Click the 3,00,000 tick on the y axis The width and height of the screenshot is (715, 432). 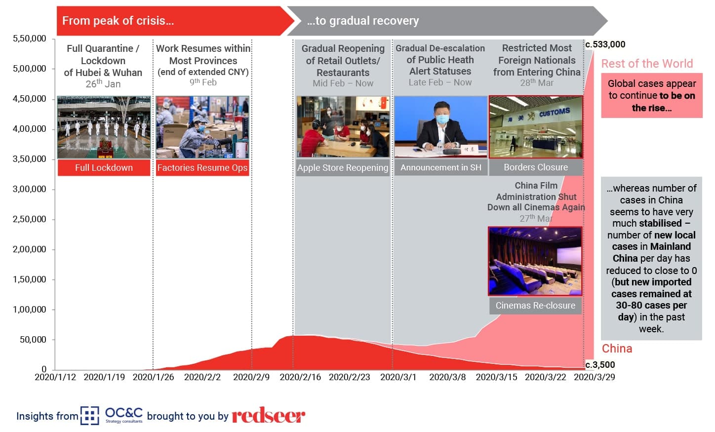(29, 189)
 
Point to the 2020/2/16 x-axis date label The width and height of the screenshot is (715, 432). (300, 377)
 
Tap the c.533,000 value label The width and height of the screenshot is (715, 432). (605, 44)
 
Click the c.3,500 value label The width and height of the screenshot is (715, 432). (600, 365)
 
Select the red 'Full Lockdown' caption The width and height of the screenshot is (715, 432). (104, 167)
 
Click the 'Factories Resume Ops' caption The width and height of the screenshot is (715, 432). (202, 167)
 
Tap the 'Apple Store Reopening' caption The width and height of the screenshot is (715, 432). (343, 167)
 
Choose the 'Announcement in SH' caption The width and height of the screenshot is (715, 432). (441, 167)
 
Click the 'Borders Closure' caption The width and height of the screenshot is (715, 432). (536, 167)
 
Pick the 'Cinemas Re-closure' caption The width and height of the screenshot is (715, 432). (535, 305)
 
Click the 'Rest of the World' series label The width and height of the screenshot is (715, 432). (647, 64)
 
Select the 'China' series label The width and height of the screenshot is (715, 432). (617, 349)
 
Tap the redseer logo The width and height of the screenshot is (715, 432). (268, 415)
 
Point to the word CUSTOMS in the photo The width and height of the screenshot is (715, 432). (555, 112)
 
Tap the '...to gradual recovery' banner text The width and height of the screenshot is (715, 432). (362, 21)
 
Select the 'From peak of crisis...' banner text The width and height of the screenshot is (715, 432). (118, 21)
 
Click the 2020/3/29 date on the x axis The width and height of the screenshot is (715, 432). (595, 377)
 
